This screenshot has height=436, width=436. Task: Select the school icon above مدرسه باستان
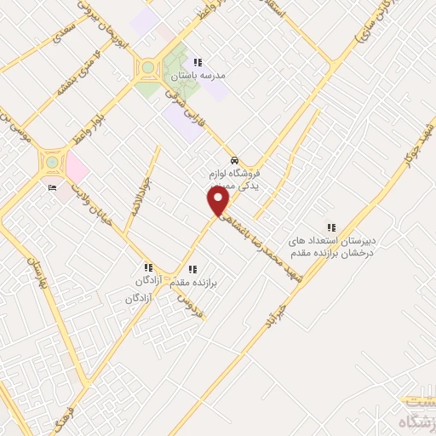[198, 62]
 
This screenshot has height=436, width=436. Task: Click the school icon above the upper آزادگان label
[149, 267]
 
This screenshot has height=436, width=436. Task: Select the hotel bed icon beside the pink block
[52, 188]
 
